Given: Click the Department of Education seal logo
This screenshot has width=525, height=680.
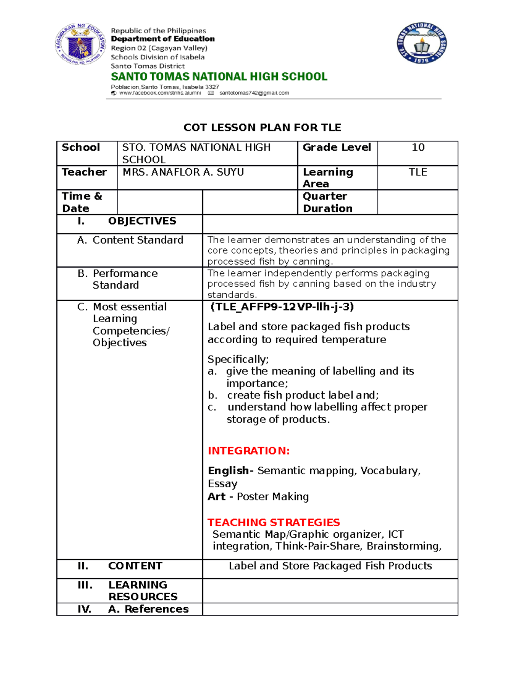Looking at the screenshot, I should (x=80, y=44).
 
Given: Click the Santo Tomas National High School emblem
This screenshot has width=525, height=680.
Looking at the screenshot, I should (x=422, y=44).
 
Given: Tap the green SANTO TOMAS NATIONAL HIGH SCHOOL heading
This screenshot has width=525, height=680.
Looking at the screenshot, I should (x=219, y=77).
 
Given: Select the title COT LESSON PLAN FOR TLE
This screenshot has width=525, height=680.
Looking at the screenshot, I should (x=262, y=127).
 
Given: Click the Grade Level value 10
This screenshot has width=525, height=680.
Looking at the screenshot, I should (x=418, y=148).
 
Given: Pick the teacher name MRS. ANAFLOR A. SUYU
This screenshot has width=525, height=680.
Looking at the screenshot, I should (x=183, y=172).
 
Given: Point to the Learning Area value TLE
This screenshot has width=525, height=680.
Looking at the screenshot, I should (x=418, y=172).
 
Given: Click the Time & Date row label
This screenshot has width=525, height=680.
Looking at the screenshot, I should (x=82, y=202).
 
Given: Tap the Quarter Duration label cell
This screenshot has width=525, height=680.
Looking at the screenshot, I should (x=328, y=202).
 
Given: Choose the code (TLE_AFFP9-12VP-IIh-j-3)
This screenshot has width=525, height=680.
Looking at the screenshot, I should (x=282, y=307).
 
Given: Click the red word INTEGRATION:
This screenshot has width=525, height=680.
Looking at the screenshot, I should (x=248, y=451).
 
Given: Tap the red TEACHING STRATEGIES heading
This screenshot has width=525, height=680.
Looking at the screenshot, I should (x=273, y=522).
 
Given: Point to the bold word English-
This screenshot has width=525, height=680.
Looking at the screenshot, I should (x=230, y=471).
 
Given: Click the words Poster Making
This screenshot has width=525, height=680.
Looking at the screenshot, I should (x=273, y=497).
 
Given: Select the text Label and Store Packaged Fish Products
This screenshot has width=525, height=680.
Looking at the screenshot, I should (x=330, y=566).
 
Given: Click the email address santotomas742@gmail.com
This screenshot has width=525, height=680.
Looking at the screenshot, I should (x=254, y=93).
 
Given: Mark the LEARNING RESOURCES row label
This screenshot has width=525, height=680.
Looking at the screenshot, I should (x=142, y=591).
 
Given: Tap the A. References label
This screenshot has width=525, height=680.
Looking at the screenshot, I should (x=148, y=609).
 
